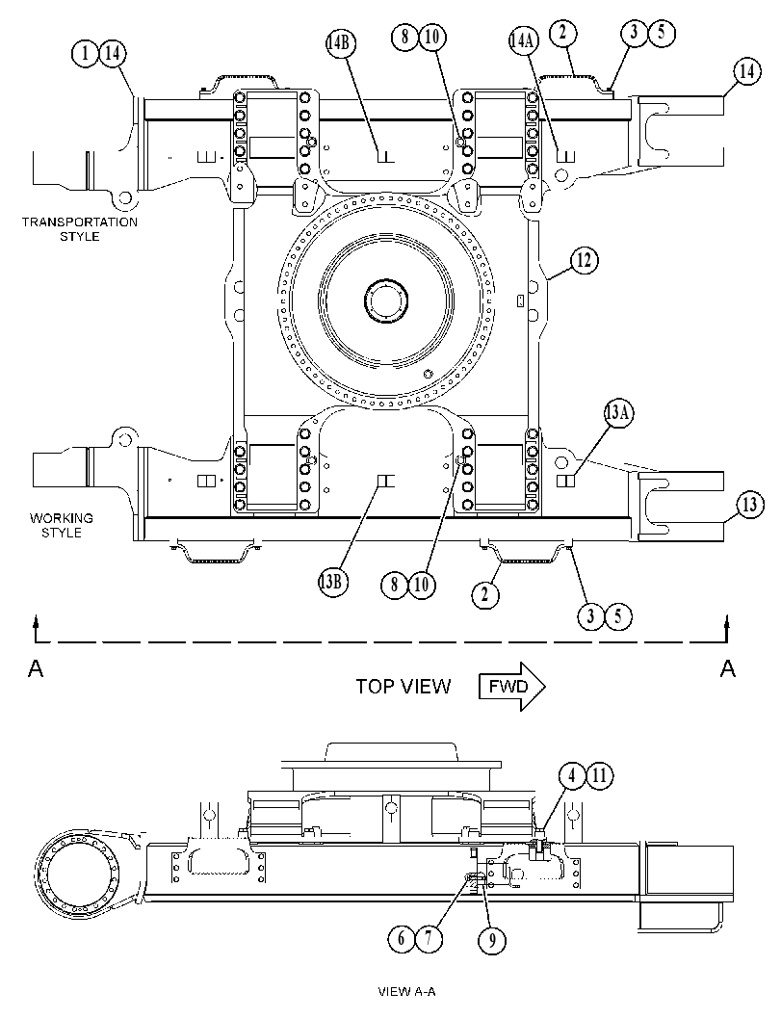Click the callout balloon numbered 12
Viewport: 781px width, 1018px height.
coord(584,260)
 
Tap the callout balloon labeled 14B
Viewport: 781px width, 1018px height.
coord(340,42)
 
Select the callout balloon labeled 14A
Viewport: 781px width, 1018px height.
coord(523,40)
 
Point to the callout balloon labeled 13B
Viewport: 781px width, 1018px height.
coord(332,581)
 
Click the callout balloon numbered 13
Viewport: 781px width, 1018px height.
coord(750,505)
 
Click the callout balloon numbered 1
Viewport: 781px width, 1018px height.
coord(85,53)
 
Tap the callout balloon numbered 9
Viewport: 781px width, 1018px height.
coord(491,939)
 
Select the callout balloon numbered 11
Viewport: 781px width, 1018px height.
coord(599,775)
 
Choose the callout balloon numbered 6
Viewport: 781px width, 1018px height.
coord(402,937)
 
